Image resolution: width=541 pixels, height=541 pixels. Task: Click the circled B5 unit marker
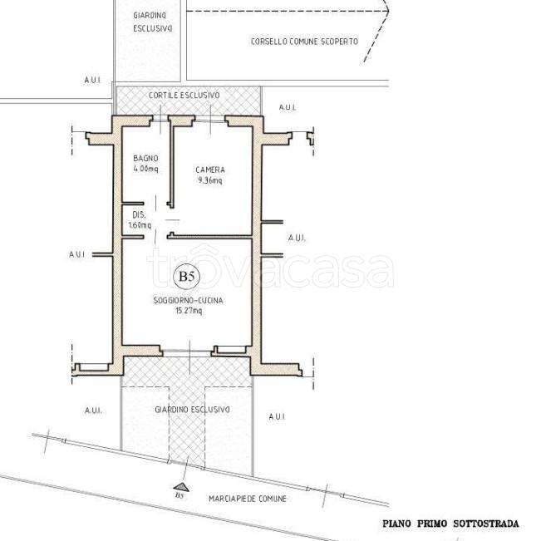(x=187, y=276)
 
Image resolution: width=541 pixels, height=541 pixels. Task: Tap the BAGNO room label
(x=145, y=159)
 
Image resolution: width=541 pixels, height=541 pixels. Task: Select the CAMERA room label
(x=210, y=170)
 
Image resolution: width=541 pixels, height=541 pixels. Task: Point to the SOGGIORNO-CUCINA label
(x=188, y=301)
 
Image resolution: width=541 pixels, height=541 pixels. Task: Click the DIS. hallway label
(x=139, y=215)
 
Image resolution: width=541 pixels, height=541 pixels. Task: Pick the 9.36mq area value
(x=210, y=180)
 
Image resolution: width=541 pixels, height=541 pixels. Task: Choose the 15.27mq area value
(x=189, y=311)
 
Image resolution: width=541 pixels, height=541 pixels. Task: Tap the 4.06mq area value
(x=145, y=169)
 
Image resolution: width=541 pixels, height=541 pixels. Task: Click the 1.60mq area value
(x=140, y=225)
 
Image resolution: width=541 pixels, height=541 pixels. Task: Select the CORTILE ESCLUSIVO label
(x=184, y=96)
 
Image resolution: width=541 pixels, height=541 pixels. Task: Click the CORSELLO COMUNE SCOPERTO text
(x=304, y=42)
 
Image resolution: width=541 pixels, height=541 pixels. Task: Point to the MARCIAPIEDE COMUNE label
(x=248, y=499)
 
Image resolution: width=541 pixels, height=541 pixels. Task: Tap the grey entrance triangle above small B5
(x=181, y=487)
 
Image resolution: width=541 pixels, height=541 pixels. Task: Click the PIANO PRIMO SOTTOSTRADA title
(x=450, y=524)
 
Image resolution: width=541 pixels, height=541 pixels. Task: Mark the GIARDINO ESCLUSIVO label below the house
(x=192, y=410)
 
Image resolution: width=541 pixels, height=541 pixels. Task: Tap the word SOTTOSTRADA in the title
(x=486, y=524)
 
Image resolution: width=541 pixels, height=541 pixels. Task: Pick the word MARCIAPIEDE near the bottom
(x=232, y=499)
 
